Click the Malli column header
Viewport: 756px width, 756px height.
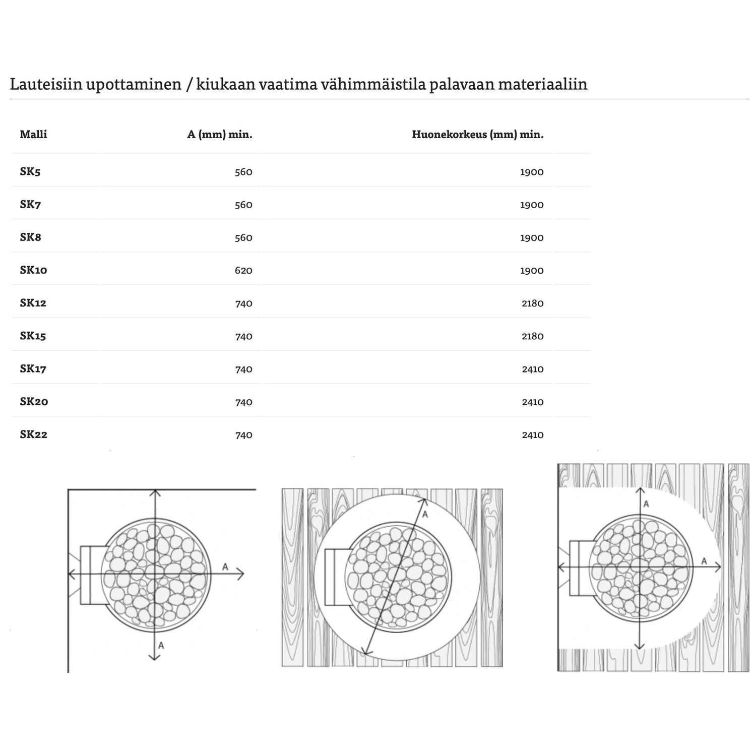click(x=33, y=135)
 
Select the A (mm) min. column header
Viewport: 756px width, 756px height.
click(x=220, y=135)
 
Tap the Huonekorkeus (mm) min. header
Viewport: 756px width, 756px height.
click(x=477, y=135)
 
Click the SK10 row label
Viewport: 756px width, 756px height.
click(x=33, y=270)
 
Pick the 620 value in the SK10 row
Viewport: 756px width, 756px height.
click(x=243, y=271)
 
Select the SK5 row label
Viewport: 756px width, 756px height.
click(x=30, y=172)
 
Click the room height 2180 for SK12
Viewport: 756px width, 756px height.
click(x=532, y=303)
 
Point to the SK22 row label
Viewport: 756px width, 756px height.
click(x=33, y=434)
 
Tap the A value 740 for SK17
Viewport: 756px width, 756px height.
click(x=243, y=369)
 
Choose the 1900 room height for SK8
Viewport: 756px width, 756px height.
click(x=532, y=238)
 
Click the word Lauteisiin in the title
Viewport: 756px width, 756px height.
click(x=45, y=84)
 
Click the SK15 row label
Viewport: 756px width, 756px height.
click(x=33, y=336)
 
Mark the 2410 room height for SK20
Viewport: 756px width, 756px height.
click(x=532, y=402)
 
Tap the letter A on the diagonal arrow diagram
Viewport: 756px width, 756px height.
click(x=425, y=515)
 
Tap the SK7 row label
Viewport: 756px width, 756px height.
click(x=30, y=205)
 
